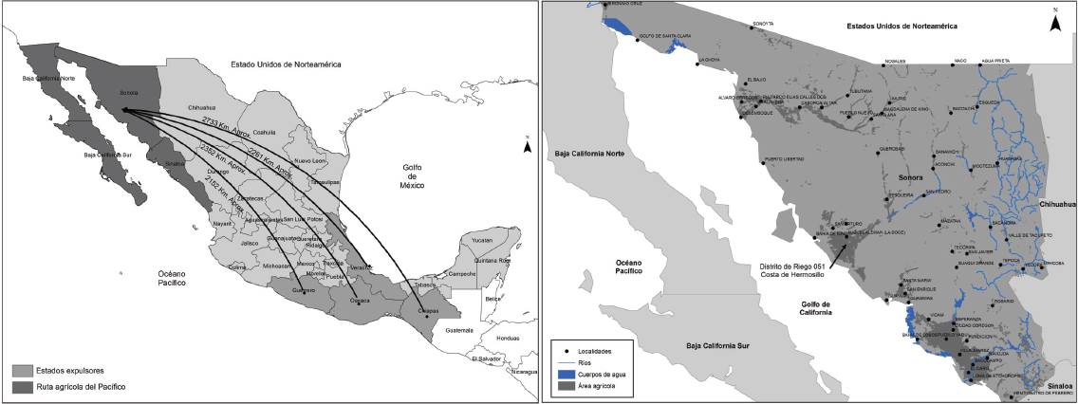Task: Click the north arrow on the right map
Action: [1053, 24]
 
